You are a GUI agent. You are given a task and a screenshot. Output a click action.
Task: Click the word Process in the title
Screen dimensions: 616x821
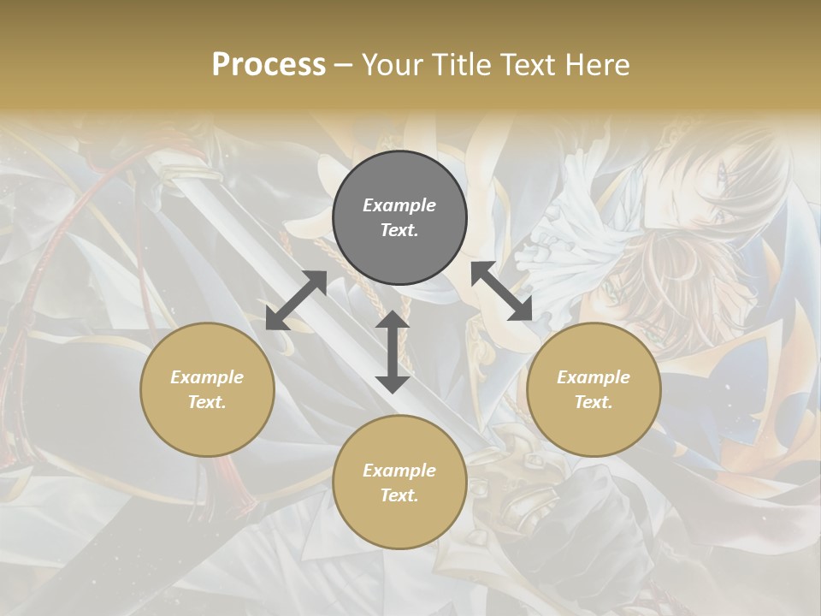click(x=269, y=65)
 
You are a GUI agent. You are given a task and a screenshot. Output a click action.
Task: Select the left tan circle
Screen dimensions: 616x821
click(x=207, y=428)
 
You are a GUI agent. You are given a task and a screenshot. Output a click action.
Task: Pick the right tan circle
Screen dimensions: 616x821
click(x=594, y=428)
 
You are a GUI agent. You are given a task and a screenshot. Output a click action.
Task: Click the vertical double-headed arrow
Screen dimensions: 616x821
click(x=393, y=352)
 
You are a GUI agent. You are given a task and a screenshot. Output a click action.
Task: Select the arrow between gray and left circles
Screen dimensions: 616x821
click(x=296, y=300)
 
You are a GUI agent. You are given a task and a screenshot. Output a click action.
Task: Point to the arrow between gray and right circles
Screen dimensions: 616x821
click(x=501, y=291)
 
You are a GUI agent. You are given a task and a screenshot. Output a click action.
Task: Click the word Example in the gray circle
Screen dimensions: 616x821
click(x=399, y=205)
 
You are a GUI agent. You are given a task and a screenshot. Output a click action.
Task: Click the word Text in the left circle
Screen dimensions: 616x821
click(x=207, y=402)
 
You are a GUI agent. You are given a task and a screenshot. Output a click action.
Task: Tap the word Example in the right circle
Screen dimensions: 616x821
click(x=594, y=377)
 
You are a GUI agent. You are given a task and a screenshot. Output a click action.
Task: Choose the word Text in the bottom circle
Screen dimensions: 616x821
click(x=399, y=495)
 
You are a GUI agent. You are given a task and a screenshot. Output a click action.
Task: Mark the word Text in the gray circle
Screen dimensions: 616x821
click(x=399, y=231)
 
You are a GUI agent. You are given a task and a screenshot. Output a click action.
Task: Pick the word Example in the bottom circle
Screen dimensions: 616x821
click(x=399, y=471)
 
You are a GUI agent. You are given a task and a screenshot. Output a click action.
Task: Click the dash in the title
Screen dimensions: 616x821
click(x=344, y=65)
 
